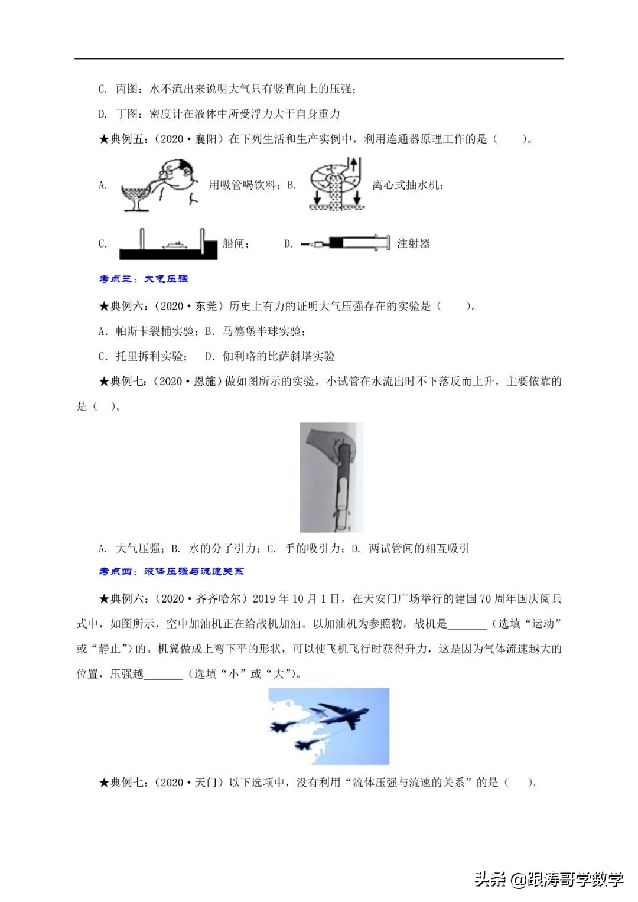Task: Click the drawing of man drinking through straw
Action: tap(161, 184)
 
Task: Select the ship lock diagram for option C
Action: tap(168, 243)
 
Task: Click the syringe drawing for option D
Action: tap(346, 243)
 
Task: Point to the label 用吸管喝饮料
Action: tap(242, 185)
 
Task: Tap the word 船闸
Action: tap(235, 243)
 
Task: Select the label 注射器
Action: tap(414, 243)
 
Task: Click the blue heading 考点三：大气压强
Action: tap(144, 278)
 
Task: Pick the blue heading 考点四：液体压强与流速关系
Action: tap(171, 571)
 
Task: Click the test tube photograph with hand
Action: tap(331, 477)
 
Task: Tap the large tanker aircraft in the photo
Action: tap(337, 713)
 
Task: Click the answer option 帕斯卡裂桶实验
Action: tap(157, 331)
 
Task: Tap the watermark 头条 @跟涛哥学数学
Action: tap(549, 880)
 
